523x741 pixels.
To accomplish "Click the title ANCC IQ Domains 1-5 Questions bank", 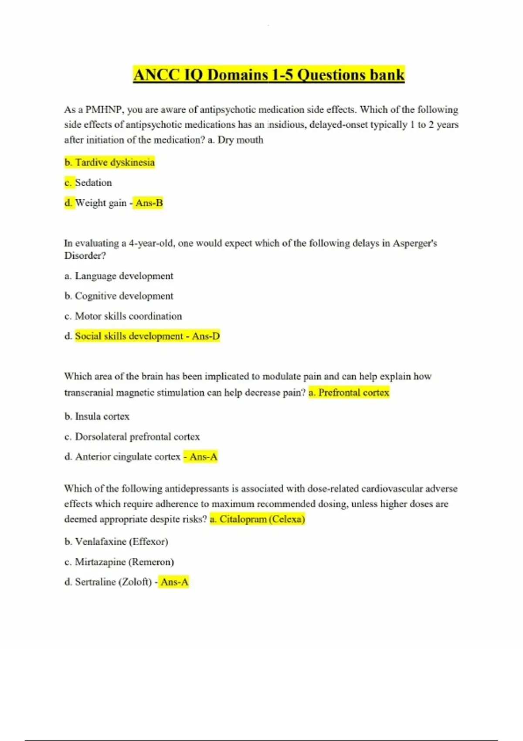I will pyautogui.click(x=269, y=75).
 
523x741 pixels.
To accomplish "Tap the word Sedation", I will pyautogui.click(x=93, y=183).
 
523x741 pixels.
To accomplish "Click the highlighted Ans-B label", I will pyautogui.click(x=149, y=203).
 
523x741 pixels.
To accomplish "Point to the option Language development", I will pyautogui.click(x=124, y=276).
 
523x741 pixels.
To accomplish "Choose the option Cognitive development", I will pyautogui.click(x=124, y=296).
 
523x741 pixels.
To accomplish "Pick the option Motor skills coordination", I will pyautogui.click(x=128, y=316).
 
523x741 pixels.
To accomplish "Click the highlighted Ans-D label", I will pyautogui.click(x=206, y=336).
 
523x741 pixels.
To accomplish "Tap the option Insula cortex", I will pyautogui.click(x=102, y=416).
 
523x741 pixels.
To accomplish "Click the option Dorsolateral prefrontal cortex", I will pyautogui.click(x=137, y=436).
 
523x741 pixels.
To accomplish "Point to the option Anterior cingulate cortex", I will pyautogui.click(x=127, y=456).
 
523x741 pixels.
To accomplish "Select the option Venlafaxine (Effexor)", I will pyautogui.click(x=121, y=542).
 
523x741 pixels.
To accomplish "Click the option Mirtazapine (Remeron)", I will pyautogui.click(x=124, y=562).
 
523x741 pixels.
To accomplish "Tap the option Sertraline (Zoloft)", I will pyautogui.click(x=113, y=582).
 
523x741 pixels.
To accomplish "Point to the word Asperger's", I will pyautogui.click(x=414, y=243).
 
